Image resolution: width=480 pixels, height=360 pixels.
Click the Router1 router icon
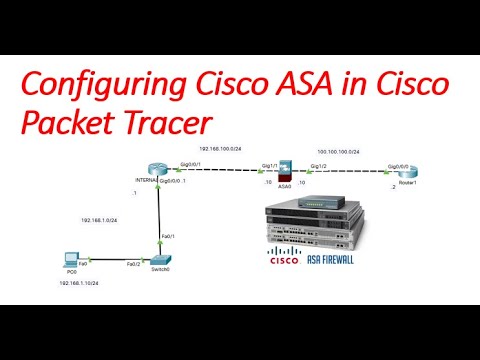[406, 175]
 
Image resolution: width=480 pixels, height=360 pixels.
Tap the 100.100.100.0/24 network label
[338, 150]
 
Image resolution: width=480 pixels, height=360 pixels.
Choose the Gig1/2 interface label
[318, 166]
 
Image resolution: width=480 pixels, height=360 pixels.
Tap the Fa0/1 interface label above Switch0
[168, 237]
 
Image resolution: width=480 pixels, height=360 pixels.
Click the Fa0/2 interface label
[133, 265]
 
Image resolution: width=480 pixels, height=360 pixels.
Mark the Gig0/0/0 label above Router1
[399, 166]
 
